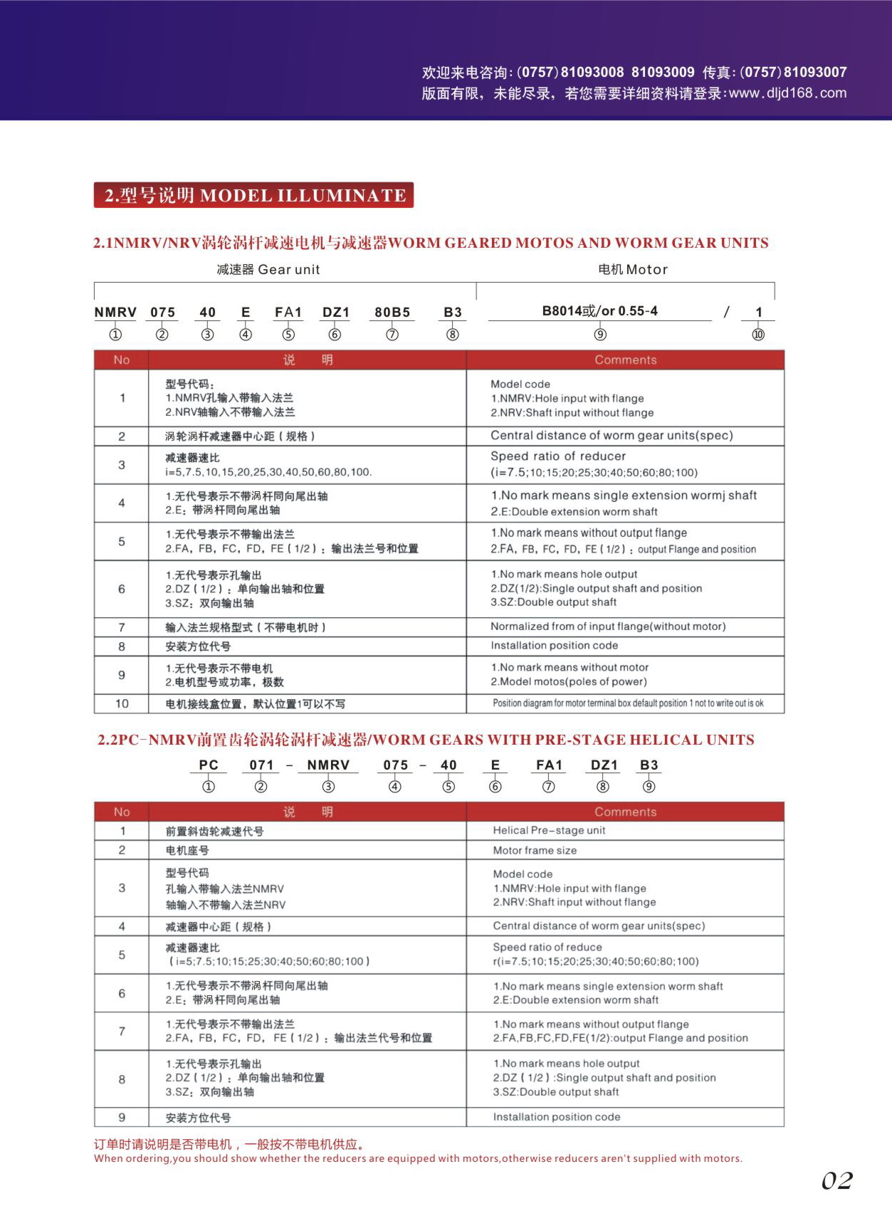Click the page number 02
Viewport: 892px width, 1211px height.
pyautogui.click(x=836, y=1180)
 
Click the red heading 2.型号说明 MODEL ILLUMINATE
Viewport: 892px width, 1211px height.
pyautogui.click(x=254, y=195)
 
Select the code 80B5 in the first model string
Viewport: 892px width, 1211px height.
pyautogui.click(x=392, y=312)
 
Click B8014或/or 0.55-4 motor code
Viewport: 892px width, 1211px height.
pyautogui.click(x=599, y=311)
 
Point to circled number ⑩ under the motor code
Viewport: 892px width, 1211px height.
pyautogui.click(x=758, y=335)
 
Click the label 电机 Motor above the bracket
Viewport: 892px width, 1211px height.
pyautogui.click(x=632, y=269)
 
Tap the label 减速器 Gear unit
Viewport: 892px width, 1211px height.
pyautogui.click(x=268, y=269)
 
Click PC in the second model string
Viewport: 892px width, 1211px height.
pyautogui.click(x=209, y=765)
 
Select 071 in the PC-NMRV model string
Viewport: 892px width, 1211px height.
pyautogui.click(x=261, y=765)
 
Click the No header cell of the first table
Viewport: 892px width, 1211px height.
pyautogui.click(x=122, y=360)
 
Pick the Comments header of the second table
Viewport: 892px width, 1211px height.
pyautogui.click(x=625, y=812)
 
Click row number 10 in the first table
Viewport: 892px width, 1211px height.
pyautogui.click(x=122, y=703)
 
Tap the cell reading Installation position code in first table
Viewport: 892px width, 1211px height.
pyautogui.click(x=554, y=646)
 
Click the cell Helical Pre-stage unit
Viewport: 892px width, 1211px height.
pyautogui.click(x=549, y=830)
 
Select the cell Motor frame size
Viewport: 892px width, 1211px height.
pyautogui.click(x=535, y=850)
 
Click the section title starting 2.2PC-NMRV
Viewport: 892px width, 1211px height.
pyautogui.click(x=426, y=740)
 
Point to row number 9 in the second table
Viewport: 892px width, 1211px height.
pyautogui.click(x=122, y=1117)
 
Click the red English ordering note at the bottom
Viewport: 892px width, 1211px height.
pyautogui.click(x=418, y=1158)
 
